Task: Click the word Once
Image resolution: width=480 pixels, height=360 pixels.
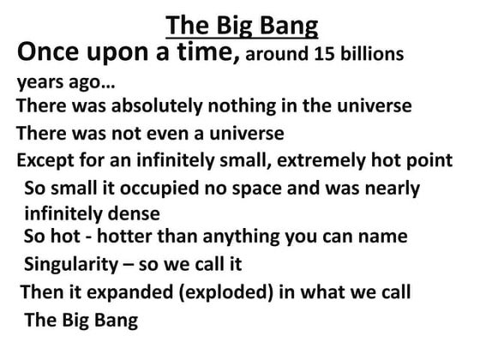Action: [53, 53]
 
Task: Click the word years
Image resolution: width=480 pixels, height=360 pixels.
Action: [39, 85]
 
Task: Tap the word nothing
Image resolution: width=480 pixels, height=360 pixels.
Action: [250, 107]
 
